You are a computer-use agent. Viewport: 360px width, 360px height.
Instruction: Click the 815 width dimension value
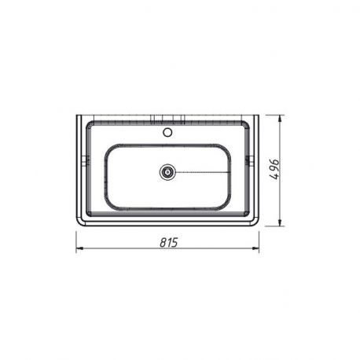coord(169,242)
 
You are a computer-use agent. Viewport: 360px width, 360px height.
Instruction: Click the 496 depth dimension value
coord(274,169)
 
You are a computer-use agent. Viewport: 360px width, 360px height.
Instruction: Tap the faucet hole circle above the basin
coord(167,132)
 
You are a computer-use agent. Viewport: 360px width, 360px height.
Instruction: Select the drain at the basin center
coord(167,172)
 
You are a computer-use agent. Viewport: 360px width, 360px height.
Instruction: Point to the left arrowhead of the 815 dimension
coord(79,248)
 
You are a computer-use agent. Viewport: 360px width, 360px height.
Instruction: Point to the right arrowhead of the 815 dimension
coord(255,248)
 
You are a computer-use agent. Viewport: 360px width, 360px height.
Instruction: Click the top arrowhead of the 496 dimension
coord(281,119)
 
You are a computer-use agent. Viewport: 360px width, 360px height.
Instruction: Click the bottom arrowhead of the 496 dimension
coord(281,222)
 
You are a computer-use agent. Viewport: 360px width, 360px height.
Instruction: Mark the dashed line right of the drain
coord(203,172)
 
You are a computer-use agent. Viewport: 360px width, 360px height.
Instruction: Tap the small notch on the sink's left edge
coord(85,160)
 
